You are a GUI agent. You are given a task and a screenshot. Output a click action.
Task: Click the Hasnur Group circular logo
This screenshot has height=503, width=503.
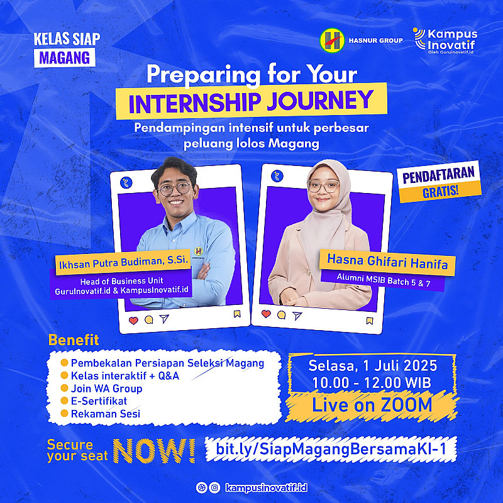click(332, 40)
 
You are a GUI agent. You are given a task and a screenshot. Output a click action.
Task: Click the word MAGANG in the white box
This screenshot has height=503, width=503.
click(65, 58)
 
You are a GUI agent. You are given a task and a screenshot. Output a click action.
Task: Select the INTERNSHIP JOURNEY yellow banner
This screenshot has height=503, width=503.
click(251, 100)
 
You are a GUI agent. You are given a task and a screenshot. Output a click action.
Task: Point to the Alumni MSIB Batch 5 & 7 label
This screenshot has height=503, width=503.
click(384, 280)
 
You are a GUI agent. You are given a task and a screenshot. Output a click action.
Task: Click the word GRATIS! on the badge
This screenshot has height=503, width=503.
click(440, 192)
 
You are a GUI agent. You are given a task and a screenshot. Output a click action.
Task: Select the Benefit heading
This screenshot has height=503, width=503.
click(74, 340)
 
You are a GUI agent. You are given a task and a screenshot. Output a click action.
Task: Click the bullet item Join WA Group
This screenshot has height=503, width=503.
click(106, 389)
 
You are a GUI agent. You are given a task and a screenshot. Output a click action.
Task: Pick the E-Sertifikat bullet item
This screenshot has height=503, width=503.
click(99, 401)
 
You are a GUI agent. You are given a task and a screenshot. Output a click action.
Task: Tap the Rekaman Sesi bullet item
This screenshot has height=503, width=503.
click(106, 414)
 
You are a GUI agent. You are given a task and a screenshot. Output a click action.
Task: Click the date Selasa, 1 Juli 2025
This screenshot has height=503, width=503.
click(373, 366)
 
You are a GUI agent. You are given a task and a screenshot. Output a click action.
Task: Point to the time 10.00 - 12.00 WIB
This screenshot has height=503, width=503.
click(372, 383)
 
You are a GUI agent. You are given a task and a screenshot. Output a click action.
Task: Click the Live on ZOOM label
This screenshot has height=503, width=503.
click(372, 405)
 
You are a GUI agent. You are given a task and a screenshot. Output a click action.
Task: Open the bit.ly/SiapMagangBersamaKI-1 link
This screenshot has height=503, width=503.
click(331, 448)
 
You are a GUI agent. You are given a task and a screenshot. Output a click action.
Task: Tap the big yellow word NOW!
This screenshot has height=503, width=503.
click(154, 451)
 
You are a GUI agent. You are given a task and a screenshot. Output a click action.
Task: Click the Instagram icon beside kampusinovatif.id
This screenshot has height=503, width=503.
click(214, 488)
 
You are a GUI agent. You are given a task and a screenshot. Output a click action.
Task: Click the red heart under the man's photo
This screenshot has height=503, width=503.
click(133, 320)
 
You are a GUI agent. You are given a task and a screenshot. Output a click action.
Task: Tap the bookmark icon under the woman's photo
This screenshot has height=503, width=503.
click(370, 321)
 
